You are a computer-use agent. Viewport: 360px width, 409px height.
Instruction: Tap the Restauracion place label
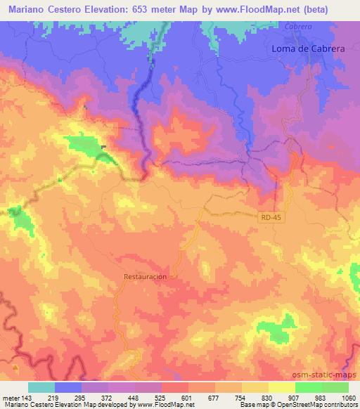point(146,277)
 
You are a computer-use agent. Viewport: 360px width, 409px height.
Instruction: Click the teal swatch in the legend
point(41,387)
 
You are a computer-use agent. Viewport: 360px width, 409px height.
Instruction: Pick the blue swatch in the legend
point(68,387)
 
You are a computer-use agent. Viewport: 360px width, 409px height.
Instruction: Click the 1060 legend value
point(348,397)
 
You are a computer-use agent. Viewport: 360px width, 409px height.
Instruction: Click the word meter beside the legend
point(11,397)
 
